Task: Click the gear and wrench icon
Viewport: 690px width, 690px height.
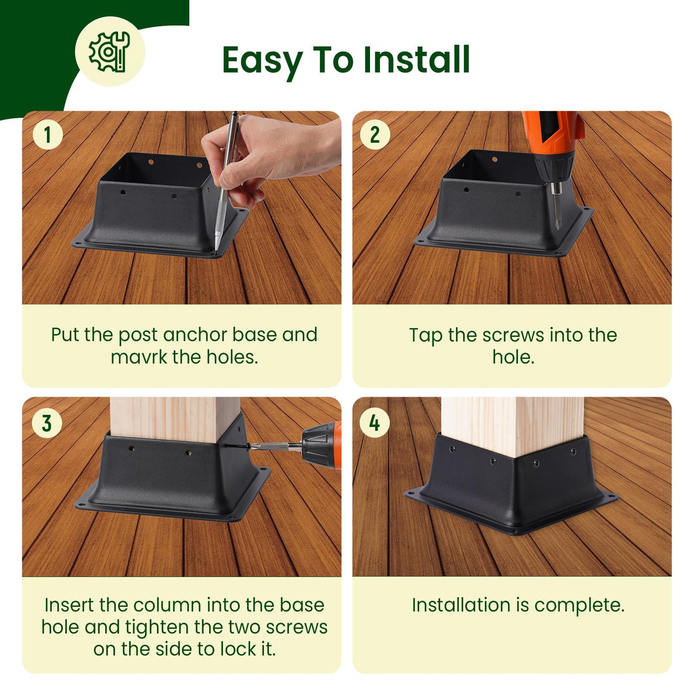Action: [109, 52]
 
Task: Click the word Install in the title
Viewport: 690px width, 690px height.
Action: [417, 60]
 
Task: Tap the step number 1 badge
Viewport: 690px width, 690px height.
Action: [48, 135]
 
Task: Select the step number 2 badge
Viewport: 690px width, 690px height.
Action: [375, 135]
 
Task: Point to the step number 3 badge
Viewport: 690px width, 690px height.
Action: [47, 423]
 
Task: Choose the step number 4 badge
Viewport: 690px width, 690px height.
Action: [375, 423]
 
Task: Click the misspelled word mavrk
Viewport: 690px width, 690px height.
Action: [139, 357]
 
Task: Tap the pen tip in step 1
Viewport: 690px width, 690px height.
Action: [216, 250]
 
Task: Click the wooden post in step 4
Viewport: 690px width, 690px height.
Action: [513, 426]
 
